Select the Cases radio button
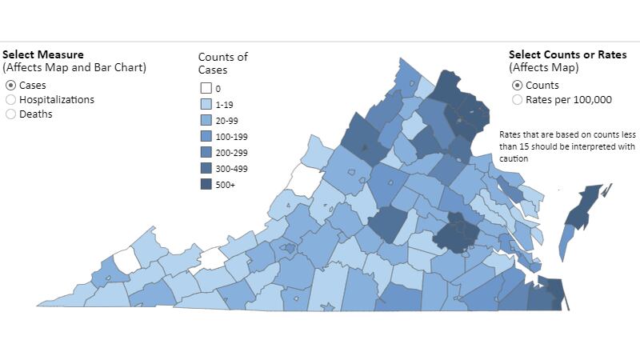click(10, 85)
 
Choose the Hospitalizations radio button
click(10, 99)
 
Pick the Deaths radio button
click(10, 114)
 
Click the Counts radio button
click(517, 86)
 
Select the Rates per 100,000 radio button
click(517, 100)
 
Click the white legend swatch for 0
click(206, 89)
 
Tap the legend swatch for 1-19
click(206, 105)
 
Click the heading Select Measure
click(42, 54)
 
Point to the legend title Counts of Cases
click(223, 62)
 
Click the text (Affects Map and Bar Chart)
click(74, 67)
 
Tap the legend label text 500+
click(225, 185)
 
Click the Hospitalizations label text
click(56, 99)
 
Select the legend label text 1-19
click(225, 105)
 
